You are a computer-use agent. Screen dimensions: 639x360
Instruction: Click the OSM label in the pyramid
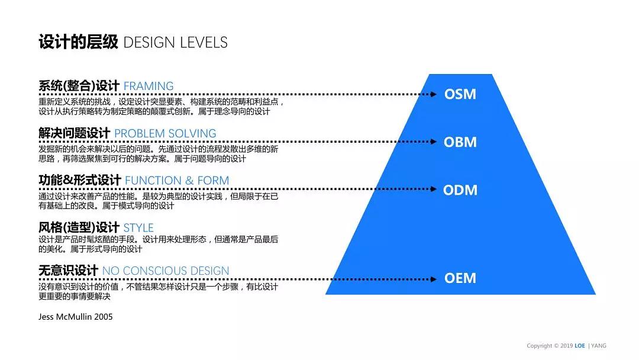[460, 94]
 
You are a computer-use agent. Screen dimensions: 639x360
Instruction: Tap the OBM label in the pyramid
[460, 142]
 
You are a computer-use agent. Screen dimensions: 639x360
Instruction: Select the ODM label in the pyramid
[460, 190]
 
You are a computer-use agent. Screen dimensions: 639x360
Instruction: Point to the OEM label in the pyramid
[460, 278]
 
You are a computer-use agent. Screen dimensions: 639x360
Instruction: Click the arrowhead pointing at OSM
[434, 94]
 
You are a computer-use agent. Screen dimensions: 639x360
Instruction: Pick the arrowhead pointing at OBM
[434, 142]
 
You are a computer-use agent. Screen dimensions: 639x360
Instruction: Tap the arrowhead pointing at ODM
[434, 189]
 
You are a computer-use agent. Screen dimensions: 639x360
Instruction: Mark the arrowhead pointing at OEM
[434, 279]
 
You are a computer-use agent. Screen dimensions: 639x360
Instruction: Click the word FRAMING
[149, 86]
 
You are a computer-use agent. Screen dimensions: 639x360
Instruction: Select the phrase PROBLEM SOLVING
[165, 133]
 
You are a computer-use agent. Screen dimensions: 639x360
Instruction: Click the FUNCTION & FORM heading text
[177, 180]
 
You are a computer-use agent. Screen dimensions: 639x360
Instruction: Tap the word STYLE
[138, 227]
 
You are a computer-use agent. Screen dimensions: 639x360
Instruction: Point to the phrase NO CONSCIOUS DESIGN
[166, 271]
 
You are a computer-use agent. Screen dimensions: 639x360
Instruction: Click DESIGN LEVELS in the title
[175, 43]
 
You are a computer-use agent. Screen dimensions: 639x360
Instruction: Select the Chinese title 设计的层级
[78, 42]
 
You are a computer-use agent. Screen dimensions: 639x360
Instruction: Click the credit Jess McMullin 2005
[75, 317]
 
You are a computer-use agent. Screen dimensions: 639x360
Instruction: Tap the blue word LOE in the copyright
[579, 346]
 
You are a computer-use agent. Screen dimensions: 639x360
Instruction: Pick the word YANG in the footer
[599, 346]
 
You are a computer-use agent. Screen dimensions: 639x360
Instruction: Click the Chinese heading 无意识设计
[69, 271]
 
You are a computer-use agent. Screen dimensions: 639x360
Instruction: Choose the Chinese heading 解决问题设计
[74, 133]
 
